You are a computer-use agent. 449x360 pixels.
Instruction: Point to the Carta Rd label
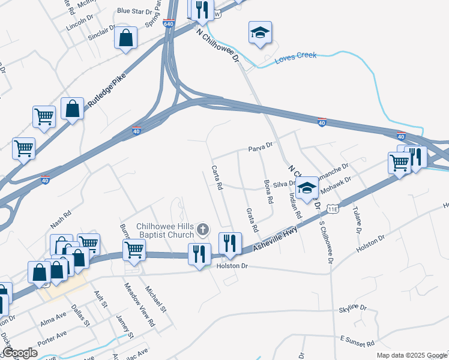217,178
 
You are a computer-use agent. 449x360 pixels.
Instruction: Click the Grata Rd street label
252,220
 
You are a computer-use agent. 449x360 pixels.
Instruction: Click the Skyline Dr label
352,308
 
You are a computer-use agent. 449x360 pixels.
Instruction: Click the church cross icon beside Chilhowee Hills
203,229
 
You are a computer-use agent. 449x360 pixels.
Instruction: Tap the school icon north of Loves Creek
261,32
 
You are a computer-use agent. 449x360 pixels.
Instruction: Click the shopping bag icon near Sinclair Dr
126,38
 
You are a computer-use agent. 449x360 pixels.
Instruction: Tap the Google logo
20,353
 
